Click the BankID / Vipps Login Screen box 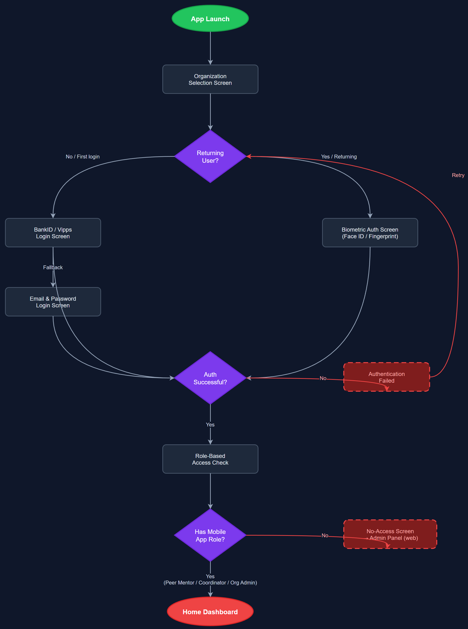pos(53,233)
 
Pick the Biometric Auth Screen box pos(370,233)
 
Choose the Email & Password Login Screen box pos(53,302)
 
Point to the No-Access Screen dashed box pos(390,534)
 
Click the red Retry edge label pos(458,175)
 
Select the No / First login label pos(82,157)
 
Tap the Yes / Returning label pos(339,157)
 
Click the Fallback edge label pos(53,267)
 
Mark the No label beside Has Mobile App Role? pos(325,535)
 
